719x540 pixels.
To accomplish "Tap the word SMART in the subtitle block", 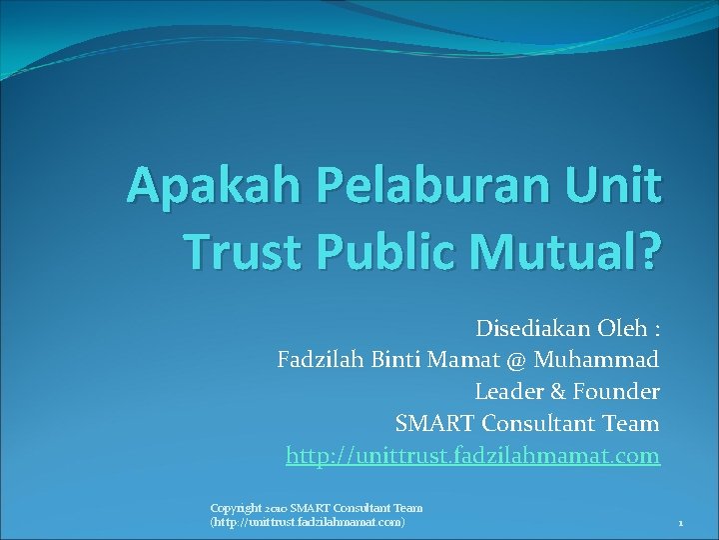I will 432,424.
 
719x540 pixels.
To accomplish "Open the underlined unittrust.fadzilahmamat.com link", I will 472,456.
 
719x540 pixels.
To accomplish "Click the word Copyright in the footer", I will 236,508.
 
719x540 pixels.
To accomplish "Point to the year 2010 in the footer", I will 276,508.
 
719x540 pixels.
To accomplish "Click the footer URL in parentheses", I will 308,522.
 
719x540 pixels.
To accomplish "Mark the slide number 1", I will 679,523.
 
